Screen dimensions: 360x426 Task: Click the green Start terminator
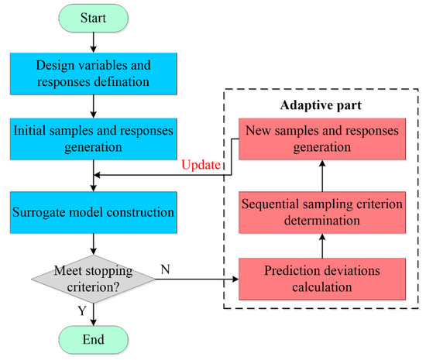point(94,15)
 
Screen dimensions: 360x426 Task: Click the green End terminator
point(94,339)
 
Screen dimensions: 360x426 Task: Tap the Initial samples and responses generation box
point(94,135)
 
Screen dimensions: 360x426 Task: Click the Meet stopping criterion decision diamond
point(94,277)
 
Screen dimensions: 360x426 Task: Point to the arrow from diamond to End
point(94,311)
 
